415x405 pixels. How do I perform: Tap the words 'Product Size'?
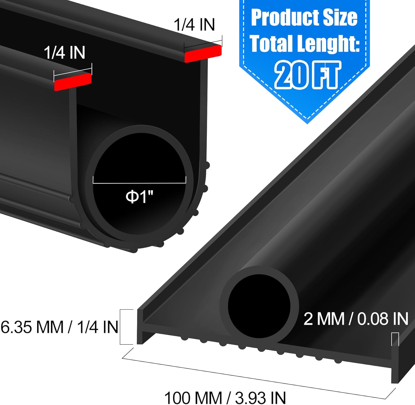pos(304,18)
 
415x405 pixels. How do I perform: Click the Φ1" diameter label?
pos(139,197)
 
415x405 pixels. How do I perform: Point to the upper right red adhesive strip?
pos(203,53)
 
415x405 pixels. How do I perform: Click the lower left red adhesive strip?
pos(72,82)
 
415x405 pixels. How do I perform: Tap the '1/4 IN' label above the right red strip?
pos(194,25)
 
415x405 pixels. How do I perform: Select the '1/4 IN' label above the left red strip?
pos(64,52)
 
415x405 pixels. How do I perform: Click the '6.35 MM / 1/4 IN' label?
pos(59,327)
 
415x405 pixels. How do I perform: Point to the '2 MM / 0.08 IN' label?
pos(356,319)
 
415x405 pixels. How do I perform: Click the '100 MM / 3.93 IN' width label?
pos(225,398)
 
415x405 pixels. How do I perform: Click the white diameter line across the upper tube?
pos(139,183)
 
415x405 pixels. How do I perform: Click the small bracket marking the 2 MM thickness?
pos(395,339)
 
